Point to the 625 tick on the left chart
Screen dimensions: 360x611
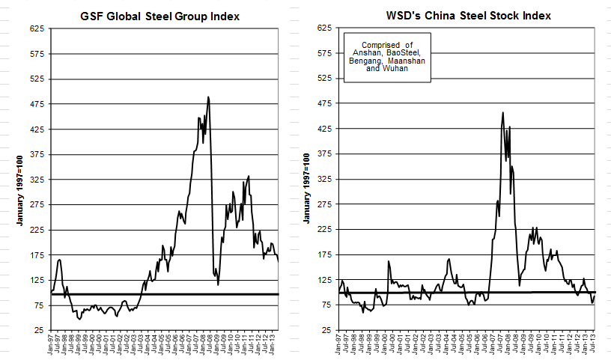tap(37, 28)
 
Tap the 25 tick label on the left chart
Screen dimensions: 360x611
tap(40, 330)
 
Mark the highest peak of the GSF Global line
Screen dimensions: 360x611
tap(208, 97)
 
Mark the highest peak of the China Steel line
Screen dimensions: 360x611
tap(502, 113)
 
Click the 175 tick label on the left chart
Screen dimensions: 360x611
tap(37, 254)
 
